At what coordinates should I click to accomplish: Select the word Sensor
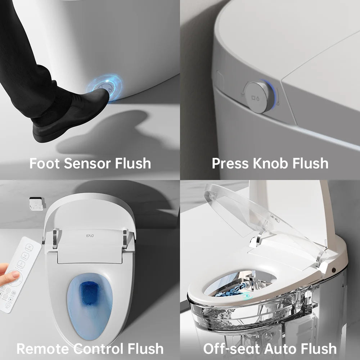pos(87,163)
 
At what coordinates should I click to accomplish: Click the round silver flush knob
pos(258,97)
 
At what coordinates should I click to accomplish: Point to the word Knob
pos(270,163)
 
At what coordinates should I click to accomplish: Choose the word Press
pos(230,163)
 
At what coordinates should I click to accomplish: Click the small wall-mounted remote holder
pos(37,203)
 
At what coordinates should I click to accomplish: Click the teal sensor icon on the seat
pos(246,296)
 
